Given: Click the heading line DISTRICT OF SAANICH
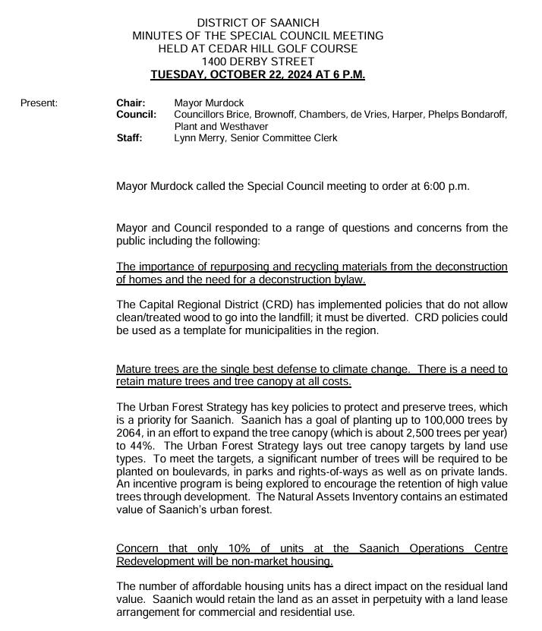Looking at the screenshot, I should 257,24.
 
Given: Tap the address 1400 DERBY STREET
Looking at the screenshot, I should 257,62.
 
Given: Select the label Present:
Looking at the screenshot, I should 39,103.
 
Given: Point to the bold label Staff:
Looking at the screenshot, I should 129,138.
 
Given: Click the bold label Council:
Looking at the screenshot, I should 136,115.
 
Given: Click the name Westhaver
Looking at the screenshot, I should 227,126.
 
